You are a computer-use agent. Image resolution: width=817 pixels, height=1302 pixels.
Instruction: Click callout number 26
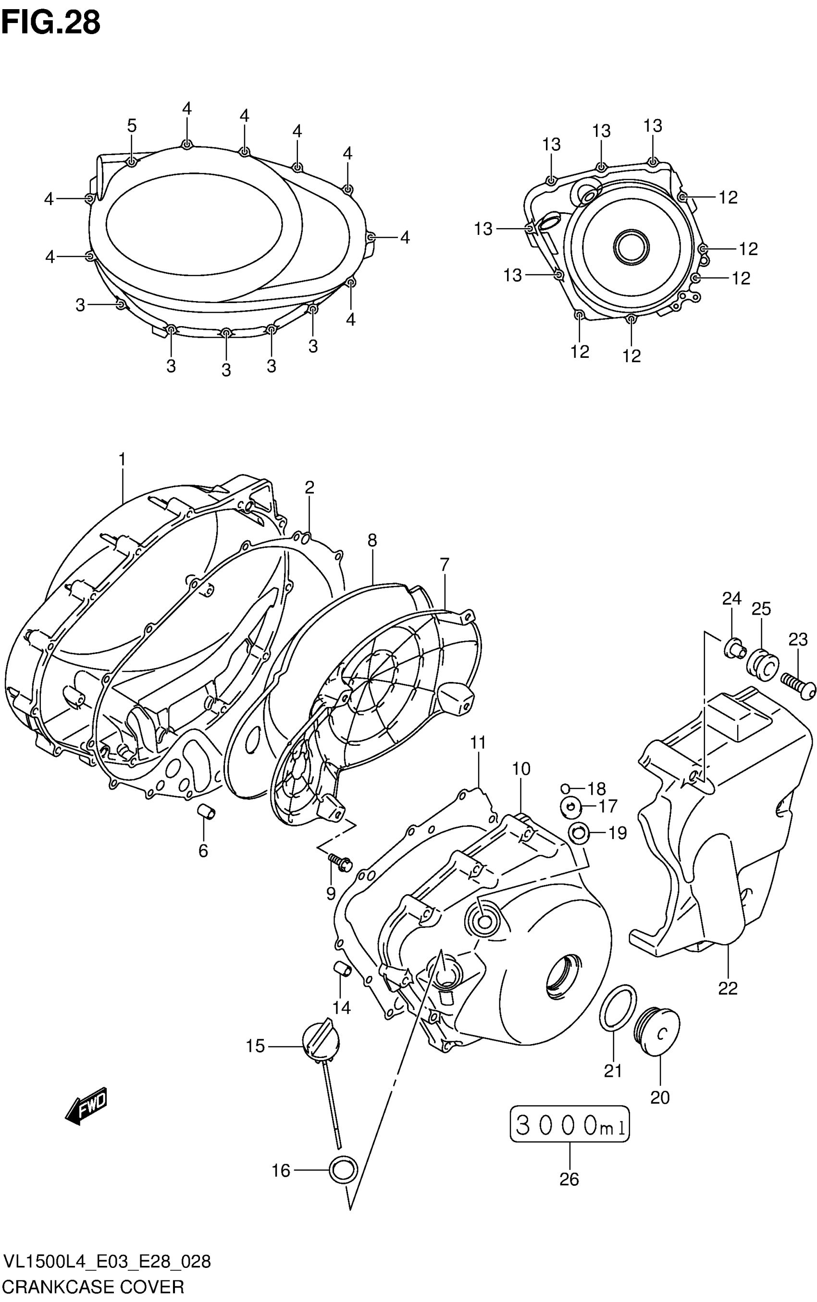click(x=569, y=1180)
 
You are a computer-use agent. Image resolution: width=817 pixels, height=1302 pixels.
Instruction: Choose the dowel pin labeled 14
click(x=342, y=969)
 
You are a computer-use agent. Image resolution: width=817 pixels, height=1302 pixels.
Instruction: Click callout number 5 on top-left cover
click(x=132, y=126)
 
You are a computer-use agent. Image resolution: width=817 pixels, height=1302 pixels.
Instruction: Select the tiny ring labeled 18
click(x=565, y=789)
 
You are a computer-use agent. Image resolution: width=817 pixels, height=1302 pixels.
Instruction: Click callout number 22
click(x=727, y=988)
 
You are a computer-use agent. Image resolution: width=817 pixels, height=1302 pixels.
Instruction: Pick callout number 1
click(x=122, y=460)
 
